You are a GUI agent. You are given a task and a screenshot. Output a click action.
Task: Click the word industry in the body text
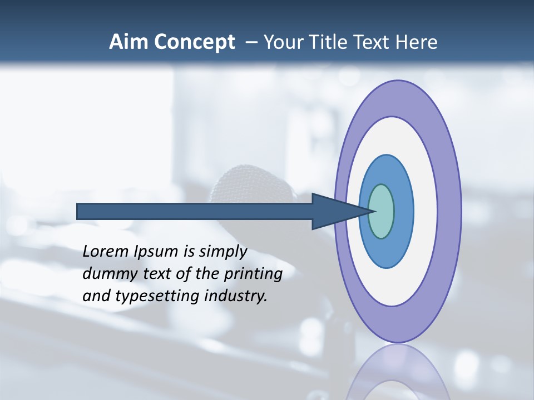point(236,297)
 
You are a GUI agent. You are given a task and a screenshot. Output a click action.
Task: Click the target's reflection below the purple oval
point(398,372)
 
